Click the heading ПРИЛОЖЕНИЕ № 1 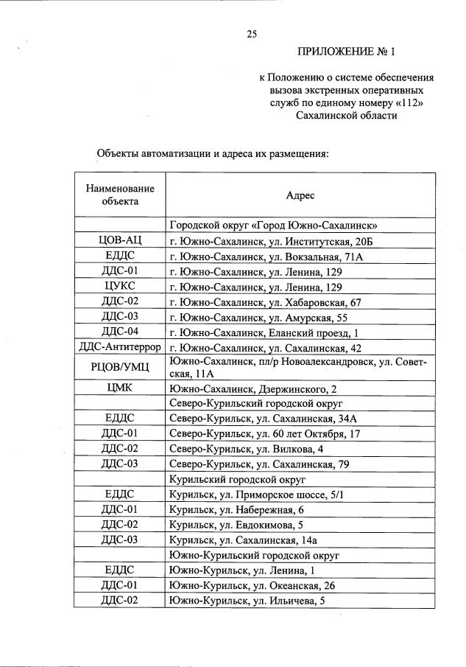click(x=346, y=52)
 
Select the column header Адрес click(x=300, y=195)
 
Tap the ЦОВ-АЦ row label click(x=120, y=241)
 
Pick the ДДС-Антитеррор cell click(x=120, y=347)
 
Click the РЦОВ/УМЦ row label click(x=120, y=368)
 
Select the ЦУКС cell click(x=120, y=287)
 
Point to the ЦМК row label click(x=120, y=388)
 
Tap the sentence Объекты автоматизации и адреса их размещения click(x=212, y=154)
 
